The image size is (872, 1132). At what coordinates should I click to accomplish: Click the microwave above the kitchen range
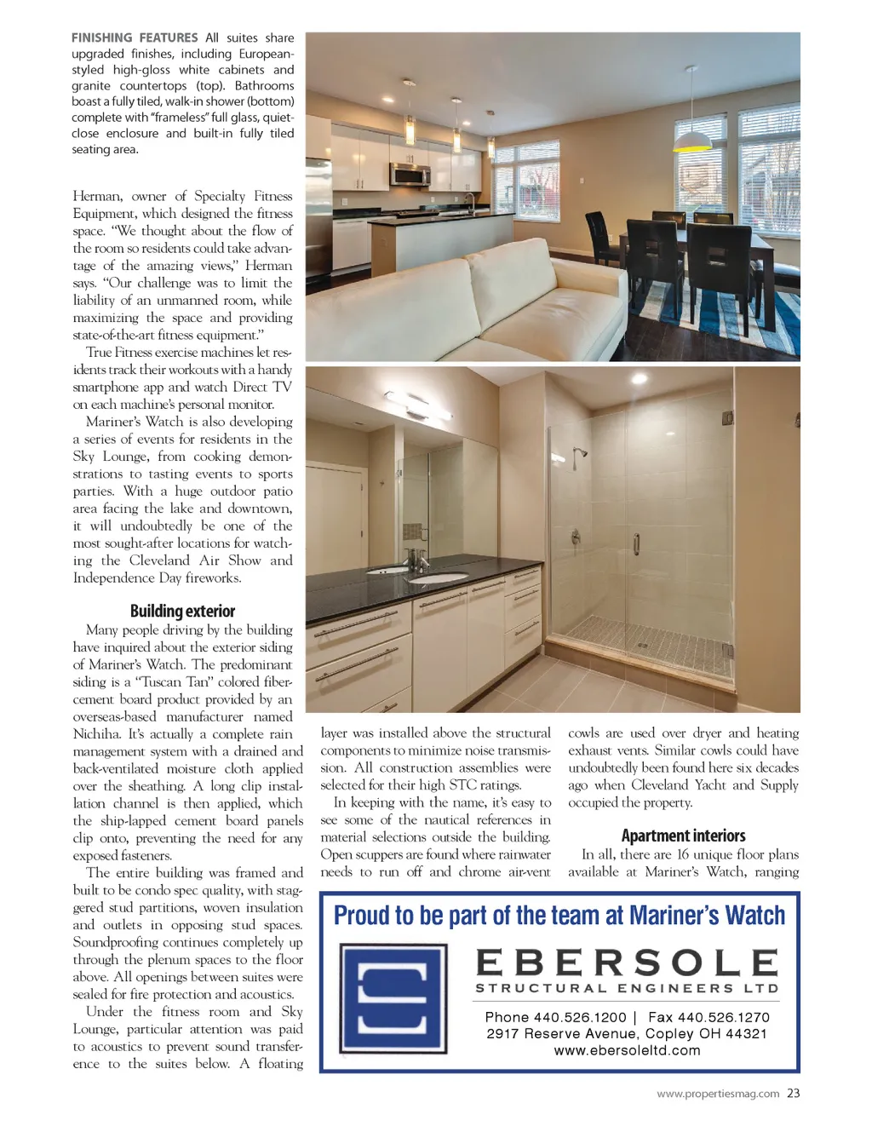(x=410, y=174)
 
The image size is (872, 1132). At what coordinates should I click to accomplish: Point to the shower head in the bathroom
(x=581, y=453)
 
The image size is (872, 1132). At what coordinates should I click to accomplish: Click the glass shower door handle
(x=636, y=543)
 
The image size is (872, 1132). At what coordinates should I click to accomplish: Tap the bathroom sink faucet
(x=416, y=560)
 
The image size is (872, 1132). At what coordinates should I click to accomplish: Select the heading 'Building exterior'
(x=182, y=611)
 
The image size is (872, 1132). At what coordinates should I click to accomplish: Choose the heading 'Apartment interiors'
(x=683, y=836)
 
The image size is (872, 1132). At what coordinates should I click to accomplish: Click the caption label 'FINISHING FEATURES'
(x=135, y=37)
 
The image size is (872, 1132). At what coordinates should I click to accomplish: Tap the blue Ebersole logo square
(x=393, y=997)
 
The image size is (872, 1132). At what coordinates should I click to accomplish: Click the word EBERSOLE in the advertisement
(x=627, y=962)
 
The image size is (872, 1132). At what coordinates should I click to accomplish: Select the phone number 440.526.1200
(x=579, y=1017)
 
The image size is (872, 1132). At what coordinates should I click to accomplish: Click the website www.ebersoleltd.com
(x=627, y=1050)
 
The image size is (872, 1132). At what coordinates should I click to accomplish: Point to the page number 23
(x=793, y=1093)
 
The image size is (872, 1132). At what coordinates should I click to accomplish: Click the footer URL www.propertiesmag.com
(x=718, y=1094)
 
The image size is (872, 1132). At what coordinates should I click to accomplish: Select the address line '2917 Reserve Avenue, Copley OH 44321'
(x=627, y=1033)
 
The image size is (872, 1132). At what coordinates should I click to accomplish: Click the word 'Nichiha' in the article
(x=96, y=733)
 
